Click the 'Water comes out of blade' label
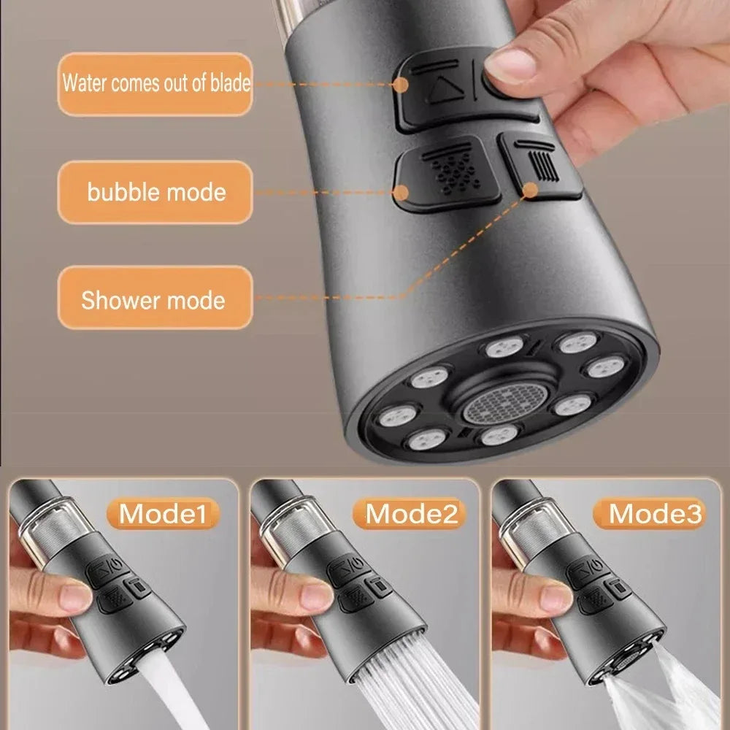point(155,83)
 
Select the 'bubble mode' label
point(155,193)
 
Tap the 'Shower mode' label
point(153,300)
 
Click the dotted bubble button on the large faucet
point(447,172)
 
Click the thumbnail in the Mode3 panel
point(555,595)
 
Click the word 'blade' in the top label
point(229,83)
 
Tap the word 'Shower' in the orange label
point(118,300)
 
